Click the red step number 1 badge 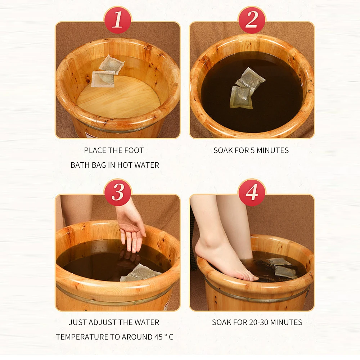(118, 20)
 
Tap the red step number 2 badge (252, 20)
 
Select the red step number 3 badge (118, 192)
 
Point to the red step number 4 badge (252, 192)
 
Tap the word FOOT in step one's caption (134, 150)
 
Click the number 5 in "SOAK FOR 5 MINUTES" (253, 150)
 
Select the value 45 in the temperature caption (158, 337)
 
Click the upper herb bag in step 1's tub (112, 64)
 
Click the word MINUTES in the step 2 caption (273, 150)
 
